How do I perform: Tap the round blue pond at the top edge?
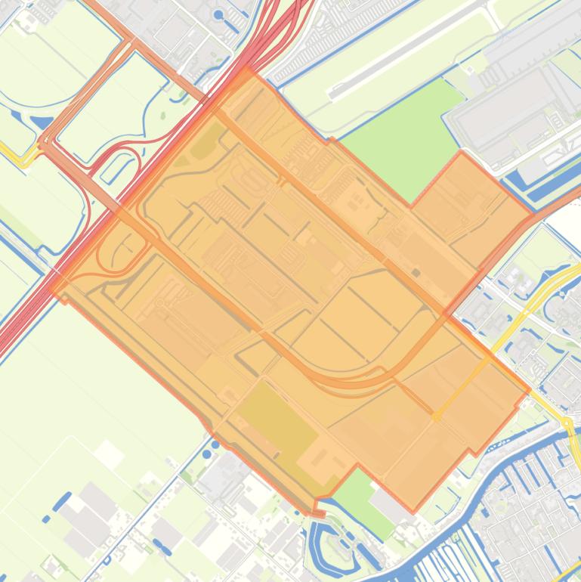219,14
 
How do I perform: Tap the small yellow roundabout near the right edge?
566,423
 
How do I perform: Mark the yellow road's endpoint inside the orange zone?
437,416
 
